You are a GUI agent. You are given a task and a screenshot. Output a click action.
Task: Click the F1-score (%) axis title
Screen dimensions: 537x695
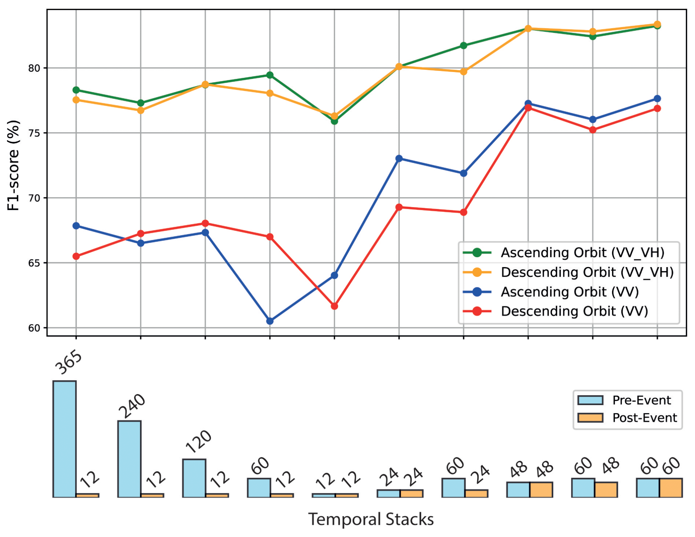(x=13, y=165)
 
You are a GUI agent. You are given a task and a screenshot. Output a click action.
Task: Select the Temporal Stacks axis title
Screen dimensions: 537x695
(x=371, y=519)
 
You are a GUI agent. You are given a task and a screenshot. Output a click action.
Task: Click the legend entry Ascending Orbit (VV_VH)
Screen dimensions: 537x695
(x=582, y=253)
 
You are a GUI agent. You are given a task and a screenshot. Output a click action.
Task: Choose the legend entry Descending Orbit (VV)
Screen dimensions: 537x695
(x=574, y=311)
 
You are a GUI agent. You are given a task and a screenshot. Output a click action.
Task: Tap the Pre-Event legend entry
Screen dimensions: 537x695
(x=641, y=400)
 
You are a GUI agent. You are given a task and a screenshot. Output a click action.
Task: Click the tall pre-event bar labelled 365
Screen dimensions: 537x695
(x=65, y=439)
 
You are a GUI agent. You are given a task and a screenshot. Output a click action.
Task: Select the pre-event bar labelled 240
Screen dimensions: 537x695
(x=129, y=459)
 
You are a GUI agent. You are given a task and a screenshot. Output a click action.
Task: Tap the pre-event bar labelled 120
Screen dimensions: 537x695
(x=194, y=478)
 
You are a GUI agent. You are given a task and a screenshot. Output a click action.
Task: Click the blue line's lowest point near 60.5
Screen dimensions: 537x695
(x=270, y=321)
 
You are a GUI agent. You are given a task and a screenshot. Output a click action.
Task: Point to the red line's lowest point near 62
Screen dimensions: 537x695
(x=334, y=306)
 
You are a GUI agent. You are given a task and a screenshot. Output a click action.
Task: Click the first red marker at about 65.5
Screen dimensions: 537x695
(x=76, y=256)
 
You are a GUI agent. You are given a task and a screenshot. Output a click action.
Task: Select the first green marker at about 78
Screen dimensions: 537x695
(x=76, y=90)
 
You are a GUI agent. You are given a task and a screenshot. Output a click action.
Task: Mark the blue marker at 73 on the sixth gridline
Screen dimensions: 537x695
(x=399, y=159)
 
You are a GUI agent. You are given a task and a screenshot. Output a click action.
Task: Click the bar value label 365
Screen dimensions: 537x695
(x=68, y=363)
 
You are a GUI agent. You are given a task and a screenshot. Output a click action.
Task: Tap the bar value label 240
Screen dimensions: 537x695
(x=132, y=406)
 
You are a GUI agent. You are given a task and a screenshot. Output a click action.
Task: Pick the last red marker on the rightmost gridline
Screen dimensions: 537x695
(x=657, y=108)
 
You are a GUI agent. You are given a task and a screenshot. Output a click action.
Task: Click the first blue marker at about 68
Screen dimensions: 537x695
(x=76, y=226)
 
